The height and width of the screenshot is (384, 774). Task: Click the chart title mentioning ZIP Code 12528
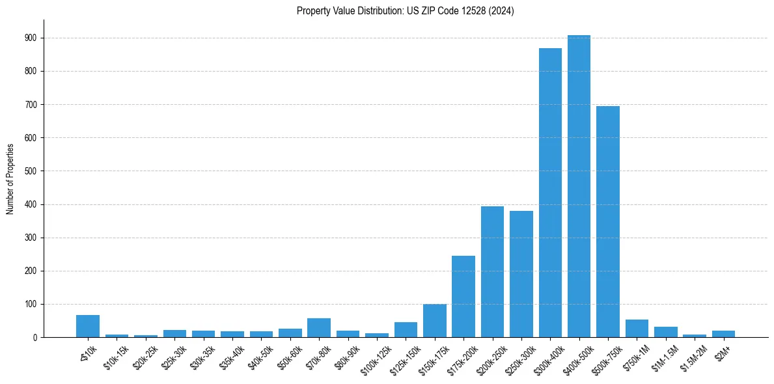(405, 11)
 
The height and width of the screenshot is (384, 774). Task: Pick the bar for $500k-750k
(608, 222)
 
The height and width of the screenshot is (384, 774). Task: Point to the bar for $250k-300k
(521, 274)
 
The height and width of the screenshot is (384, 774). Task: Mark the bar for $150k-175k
(435, 321)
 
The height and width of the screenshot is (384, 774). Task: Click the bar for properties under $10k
(88, 326)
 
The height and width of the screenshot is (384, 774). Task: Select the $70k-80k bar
(319, 328)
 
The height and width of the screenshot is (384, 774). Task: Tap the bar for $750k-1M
(637, 329)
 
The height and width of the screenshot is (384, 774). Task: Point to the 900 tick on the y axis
(31, 38)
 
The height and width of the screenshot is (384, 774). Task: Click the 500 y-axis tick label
(31, 171)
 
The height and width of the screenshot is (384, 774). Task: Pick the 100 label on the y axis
(31, 305)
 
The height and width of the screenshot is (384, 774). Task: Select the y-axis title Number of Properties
(10, 178)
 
